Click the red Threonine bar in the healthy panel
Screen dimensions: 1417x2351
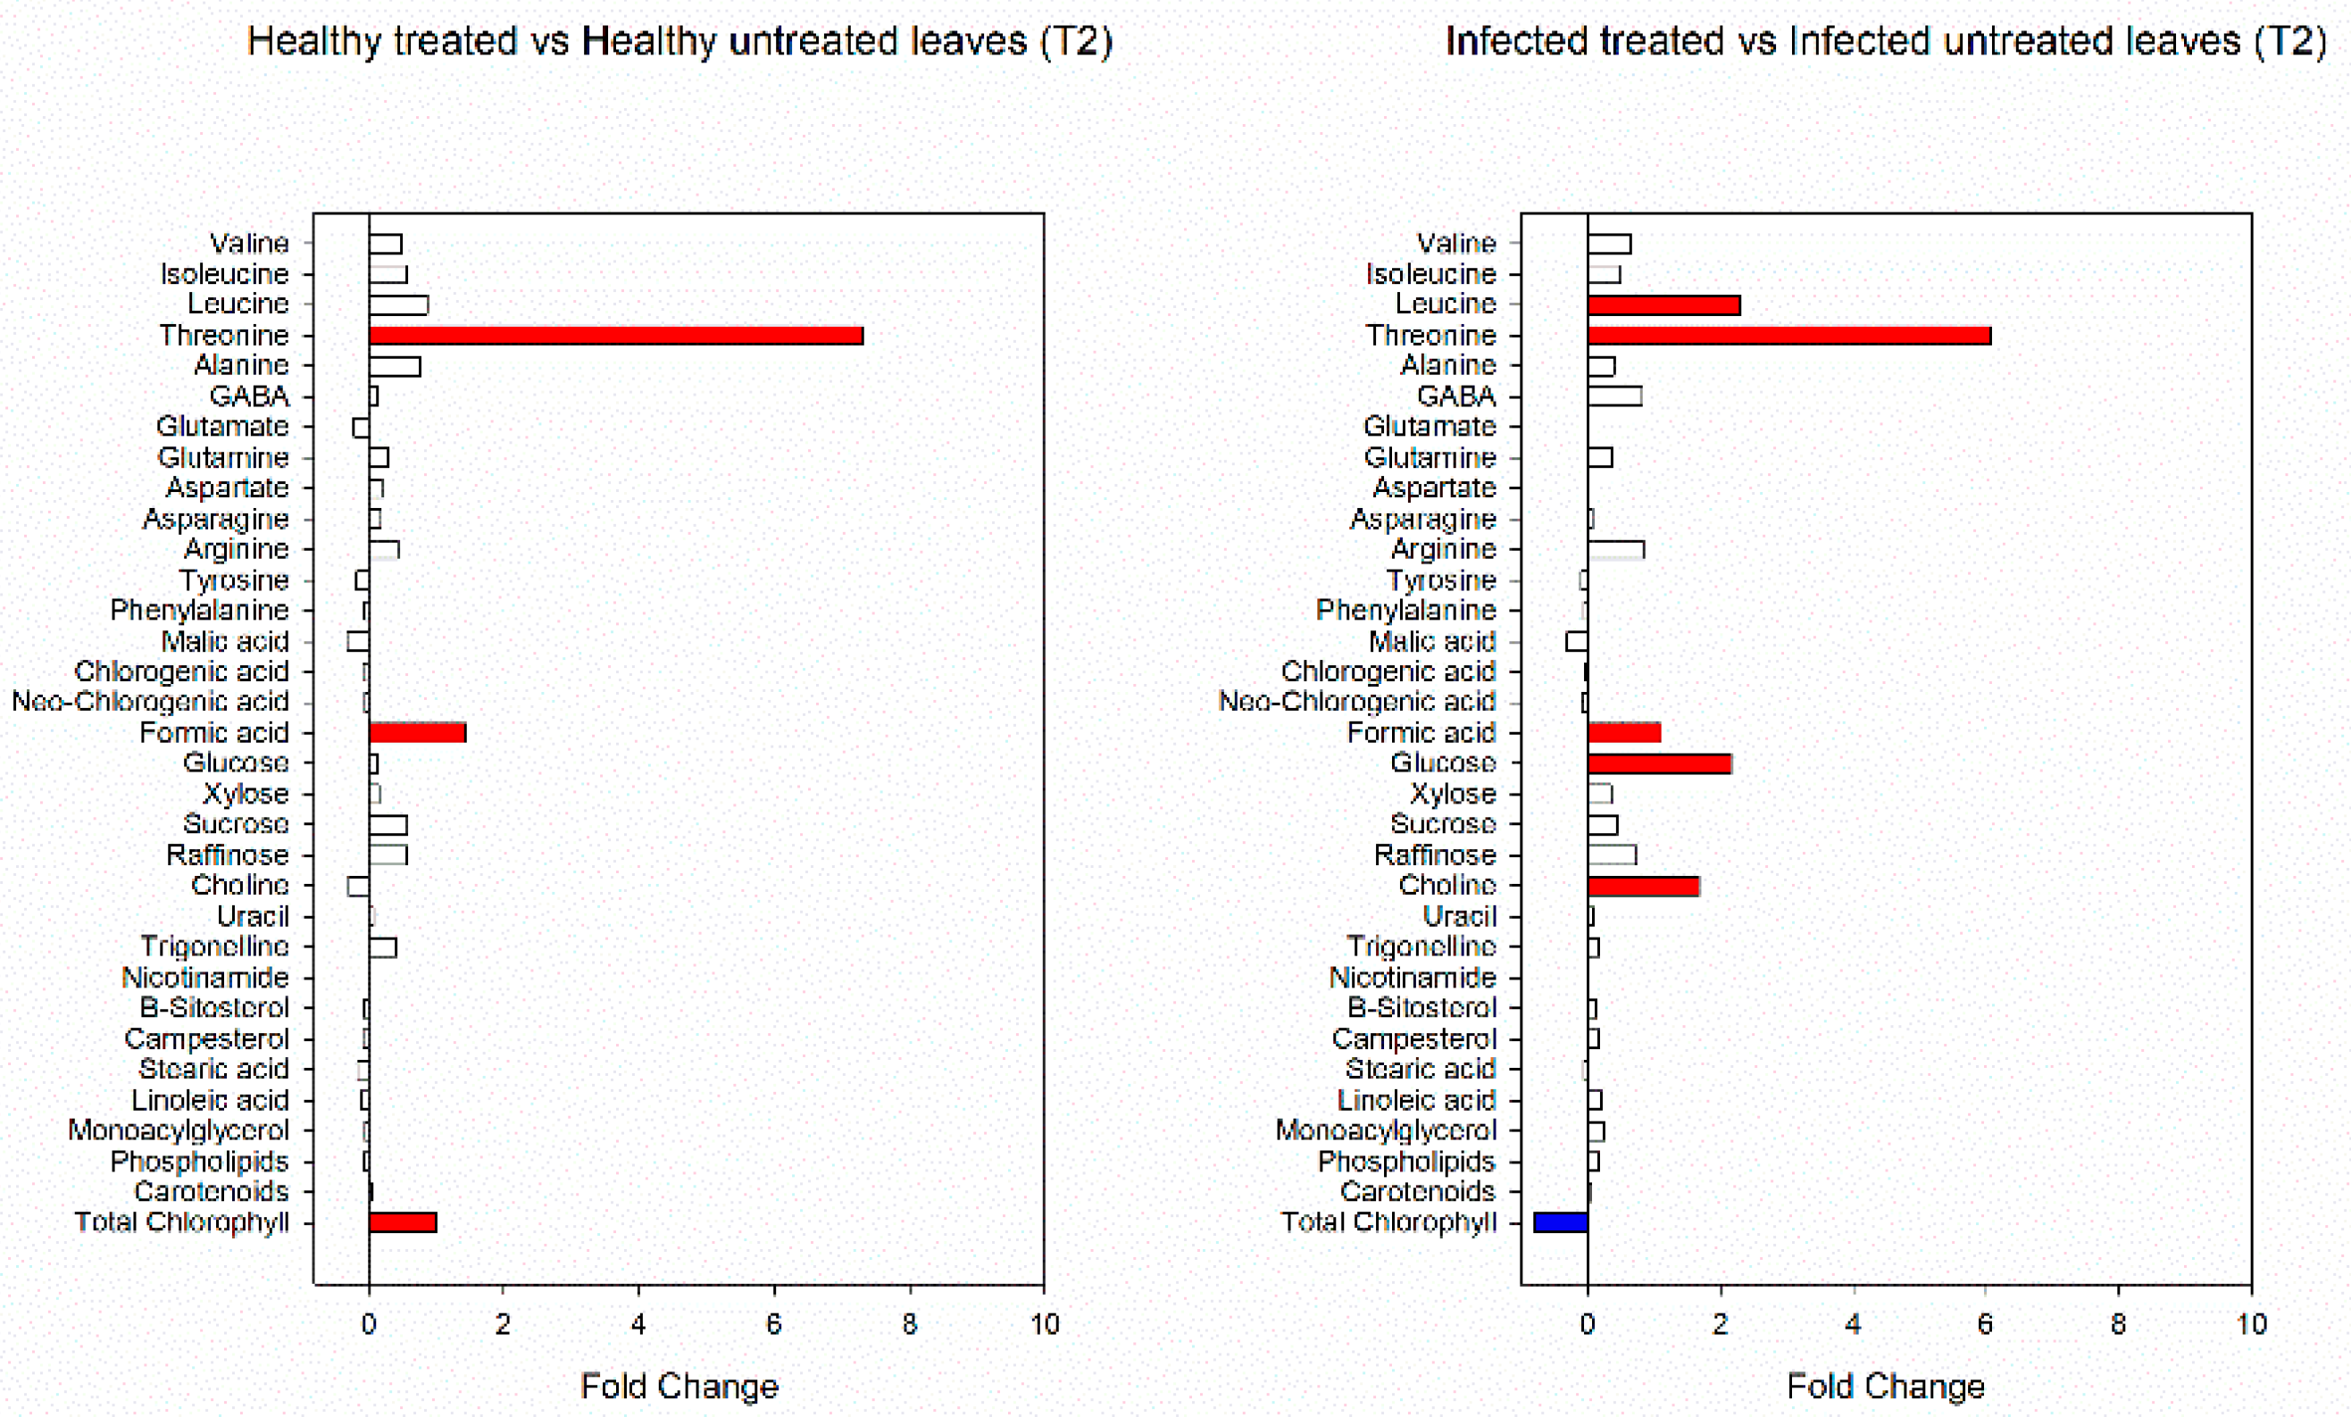[615, 336]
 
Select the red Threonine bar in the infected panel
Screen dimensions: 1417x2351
[1789, 336]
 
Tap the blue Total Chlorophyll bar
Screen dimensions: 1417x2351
[1560, 1222]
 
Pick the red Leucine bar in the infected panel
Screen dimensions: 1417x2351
[1664, 305]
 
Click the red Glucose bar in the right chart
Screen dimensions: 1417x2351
[1659, 764]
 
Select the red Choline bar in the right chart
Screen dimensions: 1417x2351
[1643, 887]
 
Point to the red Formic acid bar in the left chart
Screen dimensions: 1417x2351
[417, 733]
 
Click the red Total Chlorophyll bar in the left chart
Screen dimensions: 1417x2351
[403, 1222]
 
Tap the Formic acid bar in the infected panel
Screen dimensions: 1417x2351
[1624, 733]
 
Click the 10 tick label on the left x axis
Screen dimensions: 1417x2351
[1045, 1324]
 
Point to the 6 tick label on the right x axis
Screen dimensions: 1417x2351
[1985, 1324]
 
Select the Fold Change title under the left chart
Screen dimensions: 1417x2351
[679, 1386]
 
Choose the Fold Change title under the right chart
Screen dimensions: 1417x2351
[1886, 1386]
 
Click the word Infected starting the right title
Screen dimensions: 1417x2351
[1516, 42]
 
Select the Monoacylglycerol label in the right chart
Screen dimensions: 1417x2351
[1386, 1130]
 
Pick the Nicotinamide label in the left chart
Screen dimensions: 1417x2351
[205, 978]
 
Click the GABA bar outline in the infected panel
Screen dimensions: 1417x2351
[1614, 396]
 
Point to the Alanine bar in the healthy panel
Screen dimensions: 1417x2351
[394, 366]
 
